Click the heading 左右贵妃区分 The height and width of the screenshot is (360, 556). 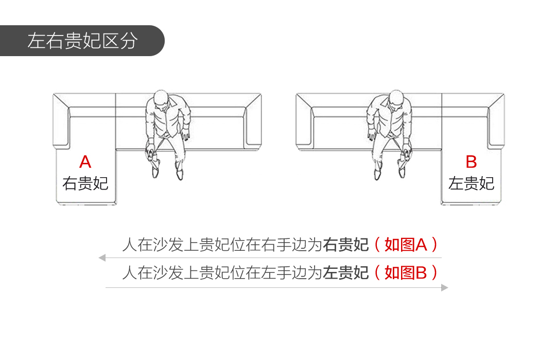[x=82, y=41]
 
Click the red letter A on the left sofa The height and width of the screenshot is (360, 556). [x=85, y=162]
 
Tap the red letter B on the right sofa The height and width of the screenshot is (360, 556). [x=471, y=162]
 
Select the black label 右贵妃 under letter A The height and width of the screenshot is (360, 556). [x=85, y=183]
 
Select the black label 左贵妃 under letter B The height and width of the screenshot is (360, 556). [x=471, y=183]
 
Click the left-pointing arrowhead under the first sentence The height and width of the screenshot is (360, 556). [x=102, y=258]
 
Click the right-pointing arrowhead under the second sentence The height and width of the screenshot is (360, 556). [x=445, y=288]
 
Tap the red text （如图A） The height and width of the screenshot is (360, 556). [x=406, y=245]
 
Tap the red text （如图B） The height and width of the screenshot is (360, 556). [x=406, y=273]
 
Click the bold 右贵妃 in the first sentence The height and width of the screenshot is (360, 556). [x=346, y=245]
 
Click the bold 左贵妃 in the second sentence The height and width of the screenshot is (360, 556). [x=346, y=273]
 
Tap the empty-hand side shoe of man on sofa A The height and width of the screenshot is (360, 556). [x=180, y=174]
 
